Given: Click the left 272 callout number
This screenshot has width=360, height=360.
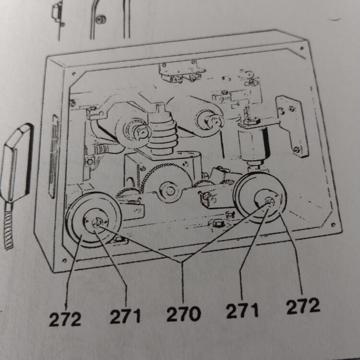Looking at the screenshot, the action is pyautogui.click(x=65, y=319).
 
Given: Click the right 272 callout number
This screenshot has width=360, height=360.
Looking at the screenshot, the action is pyautogui.click(x=303, y=306).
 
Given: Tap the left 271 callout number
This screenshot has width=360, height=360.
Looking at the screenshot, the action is pyautogui.click(x=125, y=316).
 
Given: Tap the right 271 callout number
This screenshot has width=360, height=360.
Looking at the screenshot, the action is pyautogui.click(x=242, y=311).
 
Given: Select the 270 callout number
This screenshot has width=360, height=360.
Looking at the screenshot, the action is pyautogui.click(x=184, y=313).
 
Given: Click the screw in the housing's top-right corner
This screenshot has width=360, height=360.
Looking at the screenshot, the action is pyautogui.click(x=302, y=48).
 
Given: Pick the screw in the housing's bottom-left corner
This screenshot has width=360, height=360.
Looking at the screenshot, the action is pyautogui.click(x=64, y=261).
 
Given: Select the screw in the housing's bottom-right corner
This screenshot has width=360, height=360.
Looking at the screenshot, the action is pyautogui.click(x=333, y=225).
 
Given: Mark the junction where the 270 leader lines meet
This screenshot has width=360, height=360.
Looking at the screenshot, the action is pyautogui.click(x=183, y=262).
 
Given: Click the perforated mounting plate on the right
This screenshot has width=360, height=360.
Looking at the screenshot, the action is pyautogui.click(x=292, y=126).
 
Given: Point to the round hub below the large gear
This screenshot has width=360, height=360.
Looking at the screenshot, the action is pyautogui.click(x=169, y=192).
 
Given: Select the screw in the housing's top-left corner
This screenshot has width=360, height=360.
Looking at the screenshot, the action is pyautogui.click(x=74, y=74).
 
